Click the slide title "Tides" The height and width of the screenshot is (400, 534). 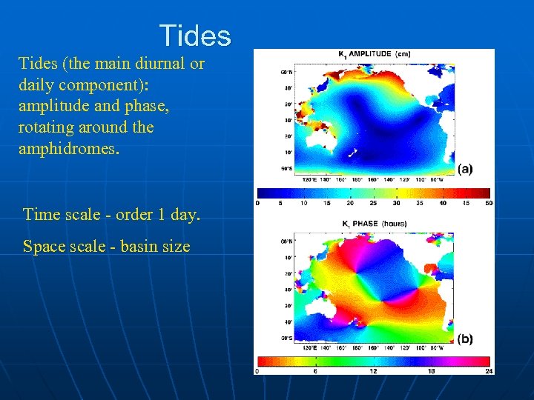point(195,36)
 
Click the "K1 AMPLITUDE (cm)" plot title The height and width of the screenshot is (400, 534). point(374,53)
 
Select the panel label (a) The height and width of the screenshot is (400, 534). point(464,169)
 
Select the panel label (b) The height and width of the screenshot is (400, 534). point(464,339)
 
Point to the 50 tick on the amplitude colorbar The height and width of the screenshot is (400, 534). point(488,202)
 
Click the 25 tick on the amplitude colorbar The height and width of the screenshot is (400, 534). point(373,202)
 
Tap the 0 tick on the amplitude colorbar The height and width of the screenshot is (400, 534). point(258,202)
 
